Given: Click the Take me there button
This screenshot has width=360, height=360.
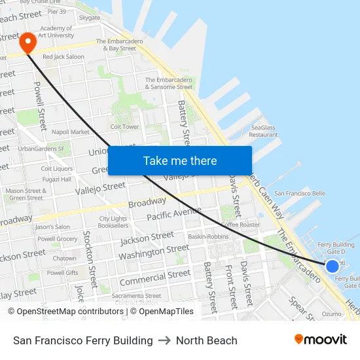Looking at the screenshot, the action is tap(180, 160).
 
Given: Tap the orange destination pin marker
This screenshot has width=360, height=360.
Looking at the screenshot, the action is tap(28, 43).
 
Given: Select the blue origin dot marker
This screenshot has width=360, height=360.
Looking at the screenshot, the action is tap(333, 266).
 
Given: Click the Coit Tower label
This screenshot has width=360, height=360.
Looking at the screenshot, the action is tap(124, 126).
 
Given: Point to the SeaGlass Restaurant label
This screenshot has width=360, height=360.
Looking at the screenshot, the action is tap(264, 131).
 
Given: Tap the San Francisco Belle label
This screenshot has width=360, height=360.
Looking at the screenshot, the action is tap(299, 194).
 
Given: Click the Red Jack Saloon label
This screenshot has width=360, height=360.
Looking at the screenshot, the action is tap(63, 57).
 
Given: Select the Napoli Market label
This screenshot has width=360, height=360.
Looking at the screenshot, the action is tap(70, 132).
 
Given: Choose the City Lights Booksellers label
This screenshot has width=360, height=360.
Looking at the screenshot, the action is tap(113, 222).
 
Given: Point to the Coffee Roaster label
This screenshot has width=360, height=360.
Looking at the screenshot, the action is tap(240, 225).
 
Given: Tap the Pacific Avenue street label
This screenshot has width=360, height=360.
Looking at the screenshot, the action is tap(174, 214).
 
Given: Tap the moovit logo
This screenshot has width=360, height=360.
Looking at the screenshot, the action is tap(320, 340).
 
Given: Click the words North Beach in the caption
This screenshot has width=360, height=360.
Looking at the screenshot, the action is tap(206, 340).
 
